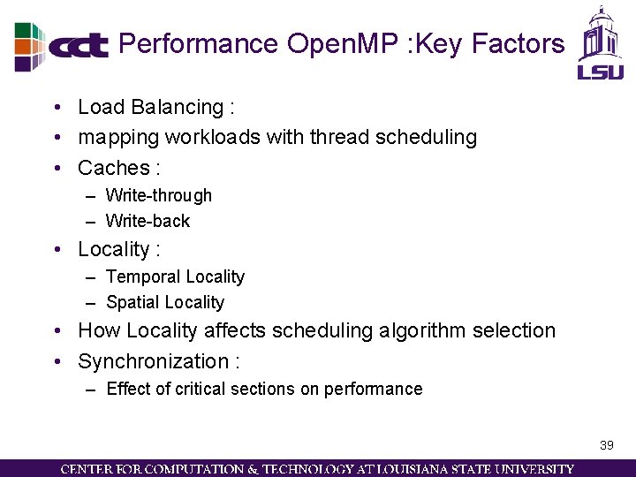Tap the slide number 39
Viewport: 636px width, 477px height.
pyautogui.click(x=606, y=445)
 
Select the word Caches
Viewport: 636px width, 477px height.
pyautogui.click(x=113, y=168)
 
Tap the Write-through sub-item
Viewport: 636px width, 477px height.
pyautogui.click(x=159, y=195)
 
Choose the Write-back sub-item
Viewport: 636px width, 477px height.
pyautogui.click(x=148, y=221)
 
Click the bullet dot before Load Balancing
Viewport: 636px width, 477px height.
pyautogui.click(x=56, y=108)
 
